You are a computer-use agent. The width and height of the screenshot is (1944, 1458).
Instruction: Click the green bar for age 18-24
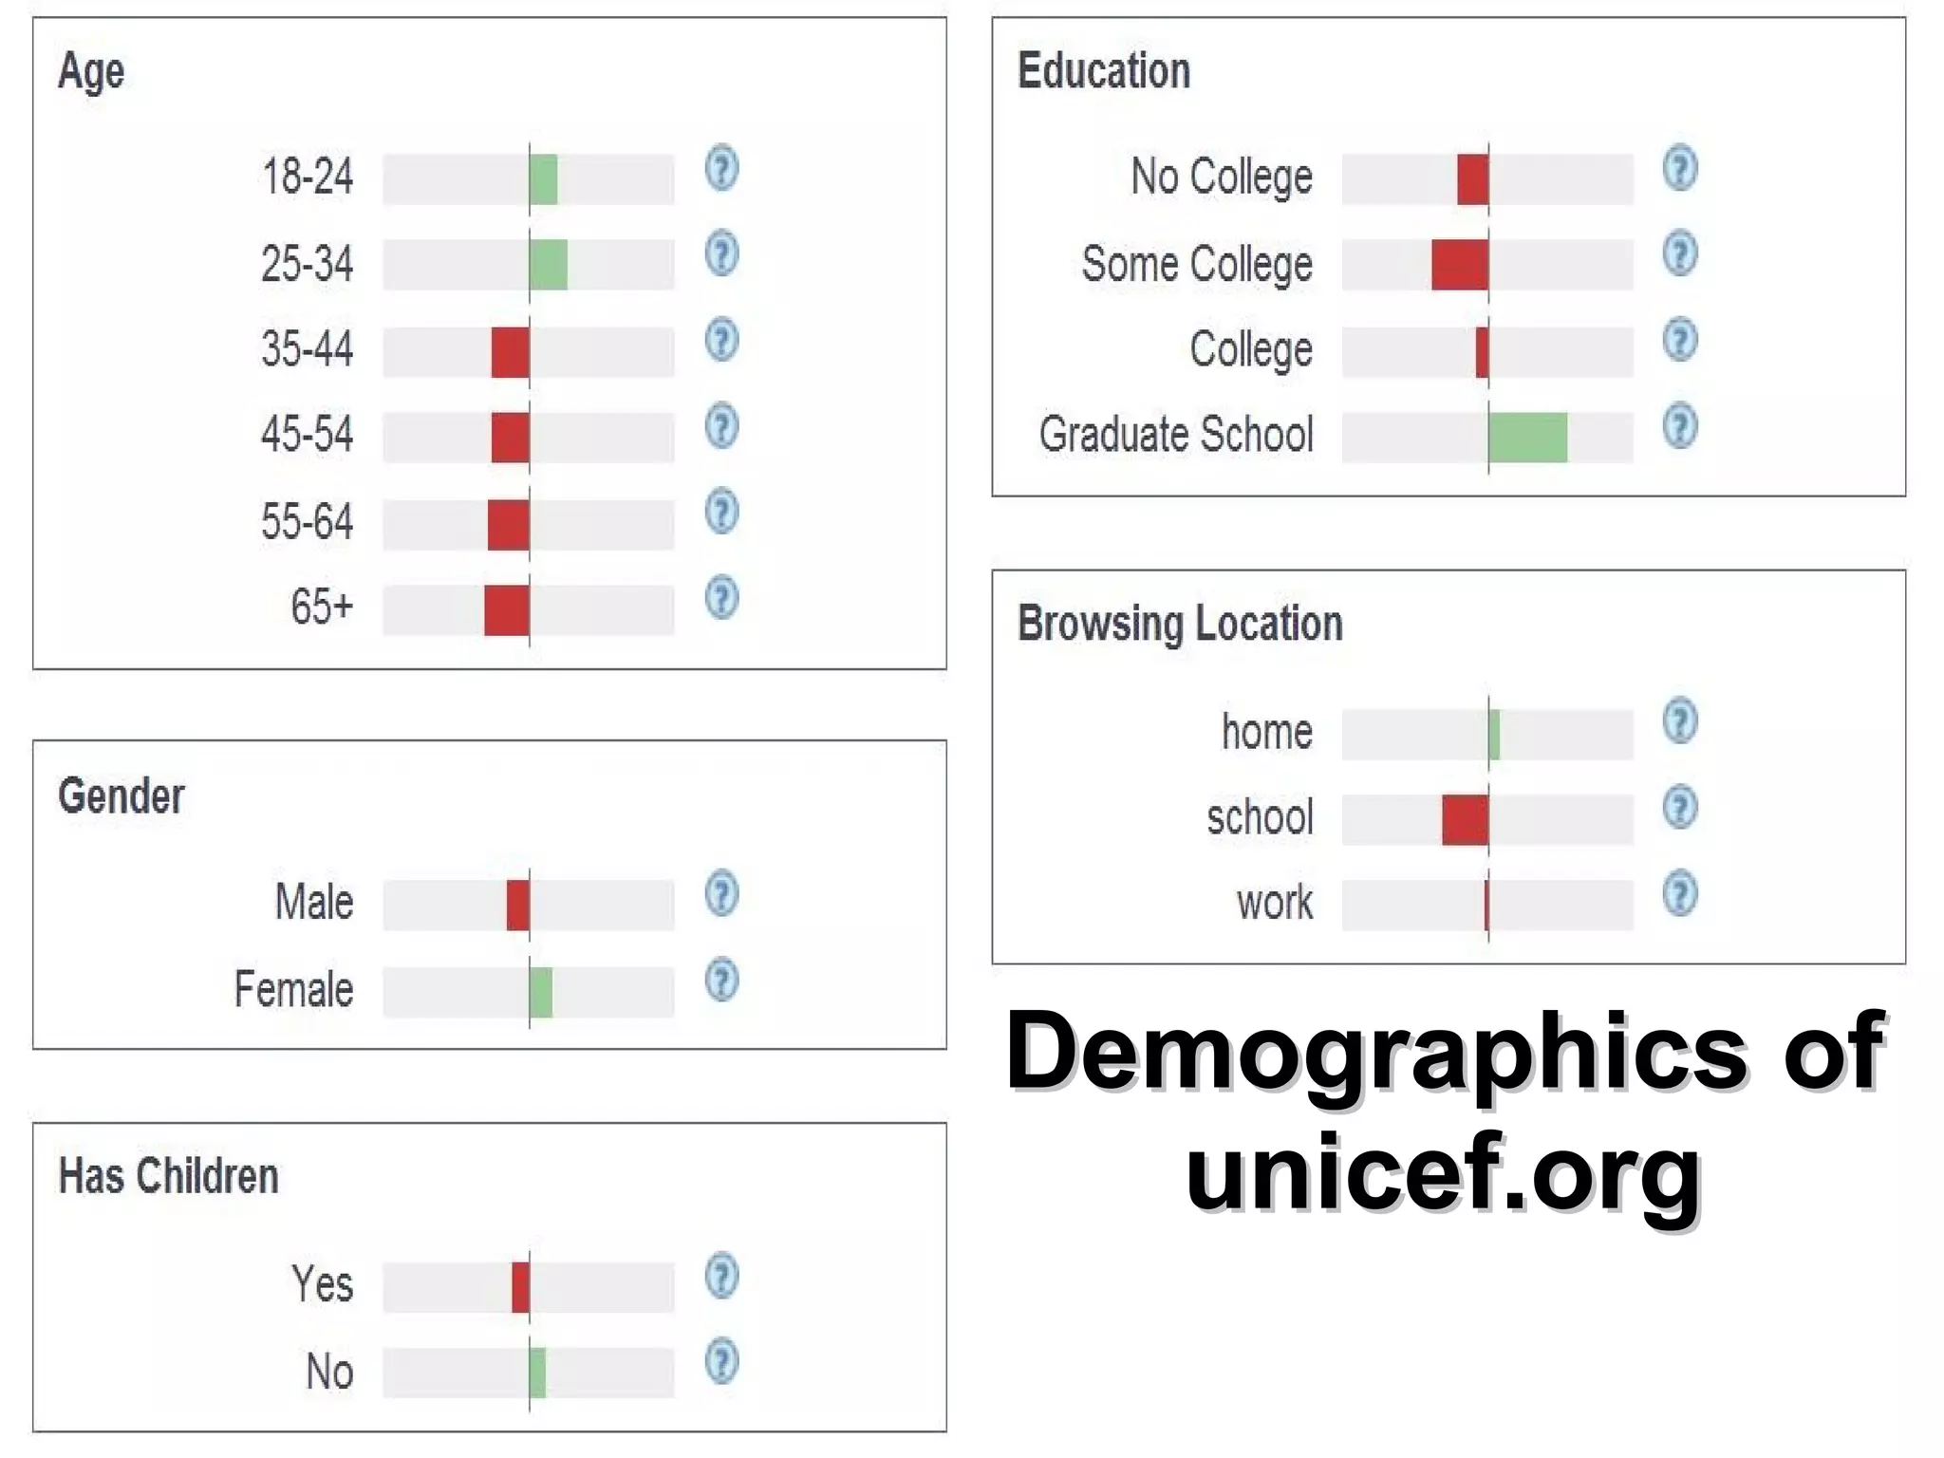543,179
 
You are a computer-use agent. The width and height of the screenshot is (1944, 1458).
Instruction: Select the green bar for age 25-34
549,265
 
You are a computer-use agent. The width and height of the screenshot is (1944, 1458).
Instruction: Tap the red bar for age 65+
506,610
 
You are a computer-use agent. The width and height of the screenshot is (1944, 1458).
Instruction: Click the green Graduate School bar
1527,438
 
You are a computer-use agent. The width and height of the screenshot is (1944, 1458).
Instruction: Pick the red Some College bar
1460,264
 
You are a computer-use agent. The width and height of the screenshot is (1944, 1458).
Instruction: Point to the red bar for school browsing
1465,820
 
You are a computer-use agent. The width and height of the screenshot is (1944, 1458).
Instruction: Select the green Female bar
541,992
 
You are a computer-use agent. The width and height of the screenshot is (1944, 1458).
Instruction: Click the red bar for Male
518,905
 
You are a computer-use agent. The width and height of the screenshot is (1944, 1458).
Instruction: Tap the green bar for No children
538,1373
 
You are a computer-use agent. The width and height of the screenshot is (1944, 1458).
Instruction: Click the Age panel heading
91,71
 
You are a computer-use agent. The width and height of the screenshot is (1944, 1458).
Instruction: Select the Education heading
1103,71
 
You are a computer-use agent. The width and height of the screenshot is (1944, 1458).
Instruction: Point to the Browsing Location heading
1180,625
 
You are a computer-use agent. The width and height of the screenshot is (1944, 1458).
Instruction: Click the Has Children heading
169,1176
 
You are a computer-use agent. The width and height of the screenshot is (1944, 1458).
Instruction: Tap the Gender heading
121,795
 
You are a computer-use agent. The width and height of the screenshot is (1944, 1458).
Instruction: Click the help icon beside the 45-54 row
721,426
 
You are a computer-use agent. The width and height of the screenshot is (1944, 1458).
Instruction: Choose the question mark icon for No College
1679,168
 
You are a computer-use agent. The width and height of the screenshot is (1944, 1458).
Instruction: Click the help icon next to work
1679,893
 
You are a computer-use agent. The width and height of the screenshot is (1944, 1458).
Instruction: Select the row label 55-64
307,522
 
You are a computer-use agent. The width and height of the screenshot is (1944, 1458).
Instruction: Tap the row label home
1266,732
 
